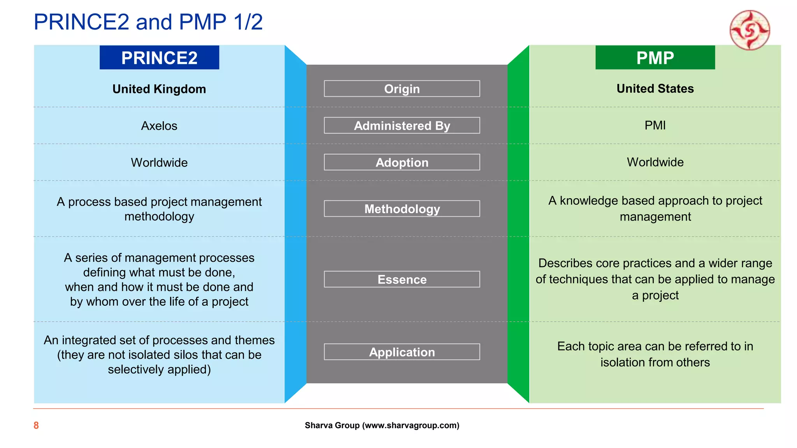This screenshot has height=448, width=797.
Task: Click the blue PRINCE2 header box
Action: click(x=159, y=58)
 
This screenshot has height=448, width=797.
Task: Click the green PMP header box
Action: click(x=655, y=58)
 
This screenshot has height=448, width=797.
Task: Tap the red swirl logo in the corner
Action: click(x=750, y=30)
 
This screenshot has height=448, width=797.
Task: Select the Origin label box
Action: click(x=402, y=89)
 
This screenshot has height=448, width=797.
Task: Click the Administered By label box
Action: click(x=402, y=126)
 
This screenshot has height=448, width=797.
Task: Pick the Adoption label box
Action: click(x=402, y=162)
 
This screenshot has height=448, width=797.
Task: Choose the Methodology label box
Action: click(x=402, y=209)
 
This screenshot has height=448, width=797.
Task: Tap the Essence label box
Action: click(x=402, y=279)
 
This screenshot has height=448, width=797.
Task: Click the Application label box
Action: click(x=402, y=352)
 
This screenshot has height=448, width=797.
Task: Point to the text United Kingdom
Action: click(x=159, y=89)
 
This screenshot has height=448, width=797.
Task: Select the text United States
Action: click(x=655, y=89)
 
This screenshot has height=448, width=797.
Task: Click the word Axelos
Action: click(x=159, y=126)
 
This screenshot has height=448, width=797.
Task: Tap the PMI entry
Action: click(x=655, y=125)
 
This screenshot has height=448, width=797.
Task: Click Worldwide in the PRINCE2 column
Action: click(x=159, y=163)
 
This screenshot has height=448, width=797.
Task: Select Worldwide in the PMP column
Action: click(x=655, y=162)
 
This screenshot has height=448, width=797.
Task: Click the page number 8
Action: click(x=36, y=425)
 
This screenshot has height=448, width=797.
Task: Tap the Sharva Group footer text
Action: click(x=382, y=425)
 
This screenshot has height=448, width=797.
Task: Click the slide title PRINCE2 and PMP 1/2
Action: click(x=148, y=22)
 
